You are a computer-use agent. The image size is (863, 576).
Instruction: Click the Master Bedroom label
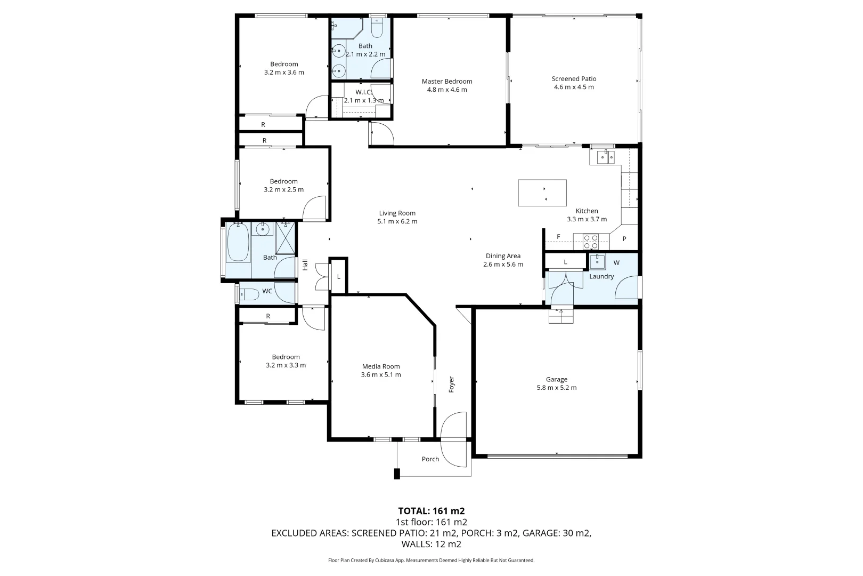[446, 82]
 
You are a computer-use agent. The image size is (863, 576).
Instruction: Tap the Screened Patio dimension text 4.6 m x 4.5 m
[573, 87]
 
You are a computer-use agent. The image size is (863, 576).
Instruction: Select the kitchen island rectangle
[542, 193]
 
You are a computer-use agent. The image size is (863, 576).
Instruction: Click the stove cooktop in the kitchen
[590, 242]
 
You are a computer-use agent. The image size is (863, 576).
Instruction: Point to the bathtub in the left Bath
[238, 243]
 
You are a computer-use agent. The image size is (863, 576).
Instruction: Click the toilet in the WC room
[247, 293]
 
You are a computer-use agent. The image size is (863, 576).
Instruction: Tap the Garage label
[556, 380]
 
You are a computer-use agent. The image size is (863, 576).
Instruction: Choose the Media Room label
[380, 366]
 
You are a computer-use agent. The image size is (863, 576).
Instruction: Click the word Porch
[430, 459]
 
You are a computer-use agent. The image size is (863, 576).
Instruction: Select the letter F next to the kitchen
[558, 236]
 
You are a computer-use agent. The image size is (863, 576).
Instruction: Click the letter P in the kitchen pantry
[624, 239]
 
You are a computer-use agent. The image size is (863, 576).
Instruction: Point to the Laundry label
[601, 276]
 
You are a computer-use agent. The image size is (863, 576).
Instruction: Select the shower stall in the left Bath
[285, 238]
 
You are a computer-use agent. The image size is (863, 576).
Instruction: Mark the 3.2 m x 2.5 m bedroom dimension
[283, 189]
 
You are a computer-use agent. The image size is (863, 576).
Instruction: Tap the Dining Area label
[502, 256]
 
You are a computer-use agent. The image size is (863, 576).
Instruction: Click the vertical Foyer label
[451, 385]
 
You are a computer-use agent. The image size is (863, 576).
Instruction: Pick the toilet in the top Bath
[377, 29]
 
